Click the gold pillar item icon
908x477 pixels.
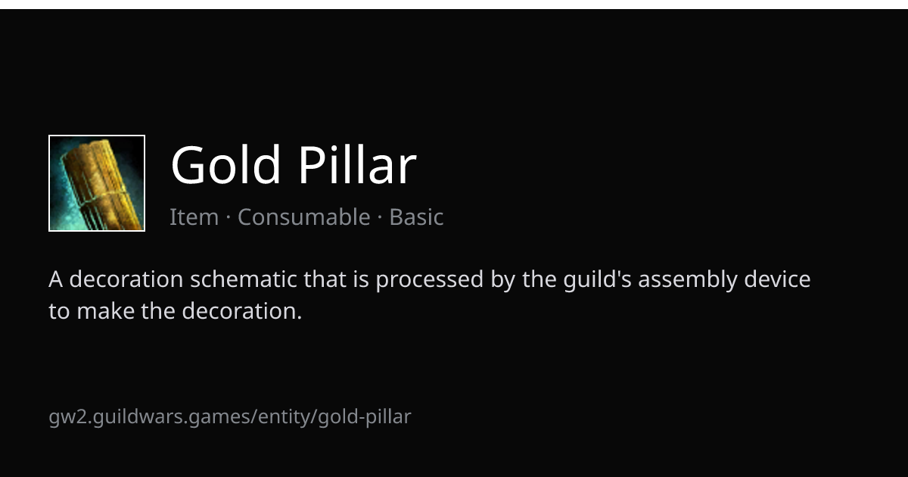point(97,183)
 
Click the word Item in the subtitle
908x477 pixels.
point(194,217)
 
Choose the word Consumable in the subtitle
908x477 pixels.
point(304,217)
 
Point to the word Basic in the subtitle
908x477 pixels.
point(416,217)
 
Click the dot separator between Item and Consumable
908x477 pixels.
point(229,217)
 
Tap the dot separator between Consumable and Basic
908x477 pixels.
point(380,217)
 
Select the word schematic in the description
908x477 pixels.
point(244,279)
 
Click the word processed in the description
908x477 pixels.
point(430,280)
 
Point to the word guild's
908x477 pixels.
point(598,280)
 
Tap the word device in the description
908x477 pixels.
point(777,279)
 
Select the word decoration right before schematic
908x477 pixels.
point(126,279)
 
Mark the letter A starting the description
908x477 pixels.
point(55,279)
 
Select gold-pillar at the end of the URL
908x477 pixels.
point(365,417)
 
